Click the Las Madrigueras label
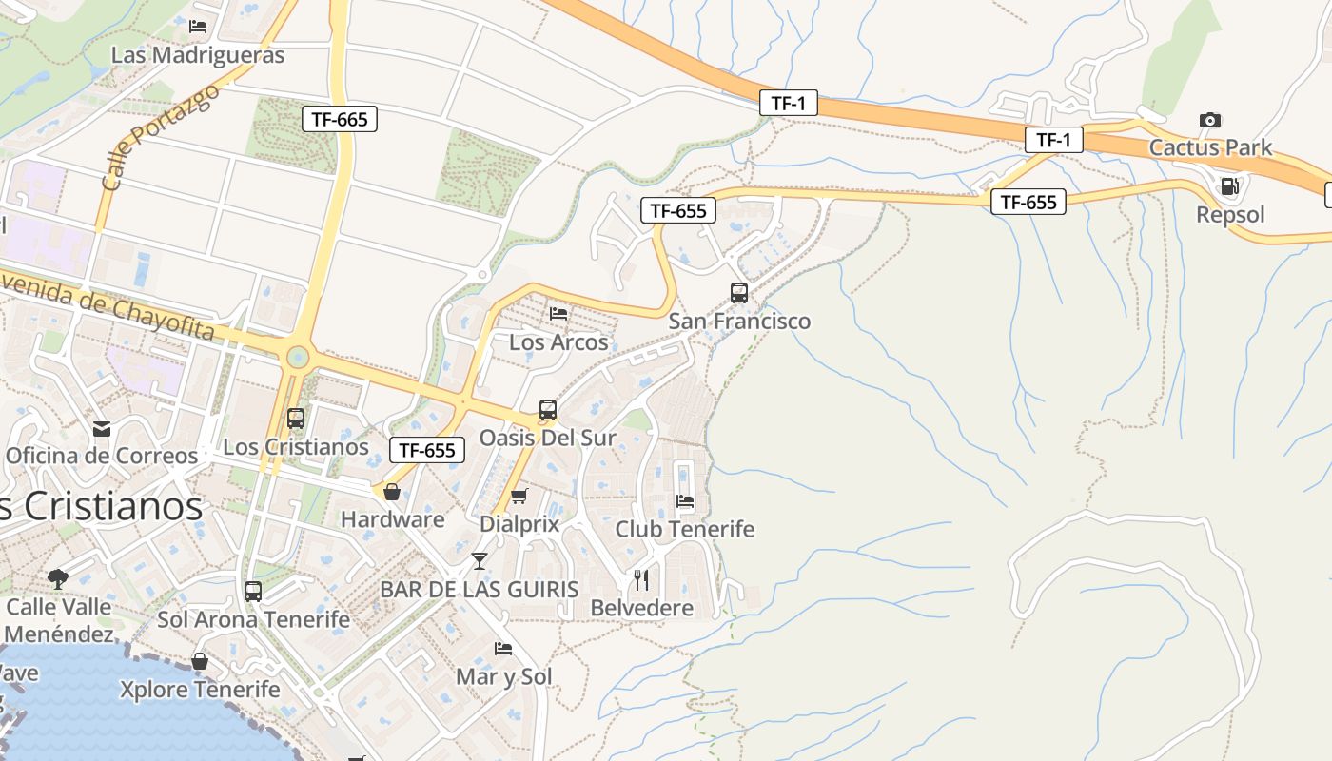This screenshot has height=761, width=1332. pos(198,55)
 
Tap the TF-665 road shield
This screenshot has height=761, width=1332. pos(340,119)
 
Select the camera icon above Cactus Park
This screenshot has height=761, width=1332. pos(1210,120)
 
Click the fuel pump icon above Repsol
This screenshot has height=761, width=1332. pos(1229,186)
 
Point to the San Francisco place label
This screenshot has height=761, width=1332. pos(739,322)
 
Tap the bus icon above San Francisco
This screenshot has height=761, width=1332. pos(739,293)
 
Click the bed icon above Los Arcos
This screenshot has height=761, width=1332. pos(558,313)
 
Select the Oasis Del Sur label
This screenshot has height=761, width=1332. pos(547,439)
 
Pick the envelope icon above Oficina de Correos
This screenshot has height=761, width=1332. pos(102,428)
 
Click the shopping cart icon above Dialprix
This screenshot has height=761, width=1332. pos(519,496)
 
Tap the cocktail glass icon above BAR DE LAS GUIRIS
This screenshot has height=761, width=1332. pos(480,561)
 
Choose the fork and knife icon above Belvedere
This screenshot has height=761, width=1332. pos(642,580)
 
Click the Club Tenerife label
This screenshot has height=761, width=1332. pos(684,529)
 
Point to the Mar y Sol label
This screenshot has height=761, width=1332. pos(503,677)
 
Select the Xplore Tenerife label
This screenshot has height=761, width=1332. pos(200,690)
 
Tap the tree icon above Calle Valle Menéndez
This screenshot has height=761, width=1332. pos(58,577)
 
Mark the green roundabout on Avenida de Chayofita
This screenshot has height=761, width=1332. pos(298,358)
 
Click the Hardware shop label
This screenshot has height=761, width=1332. pos(392,519)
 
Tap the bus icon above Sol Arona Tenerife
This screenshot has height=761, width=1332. pos(253,591)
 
